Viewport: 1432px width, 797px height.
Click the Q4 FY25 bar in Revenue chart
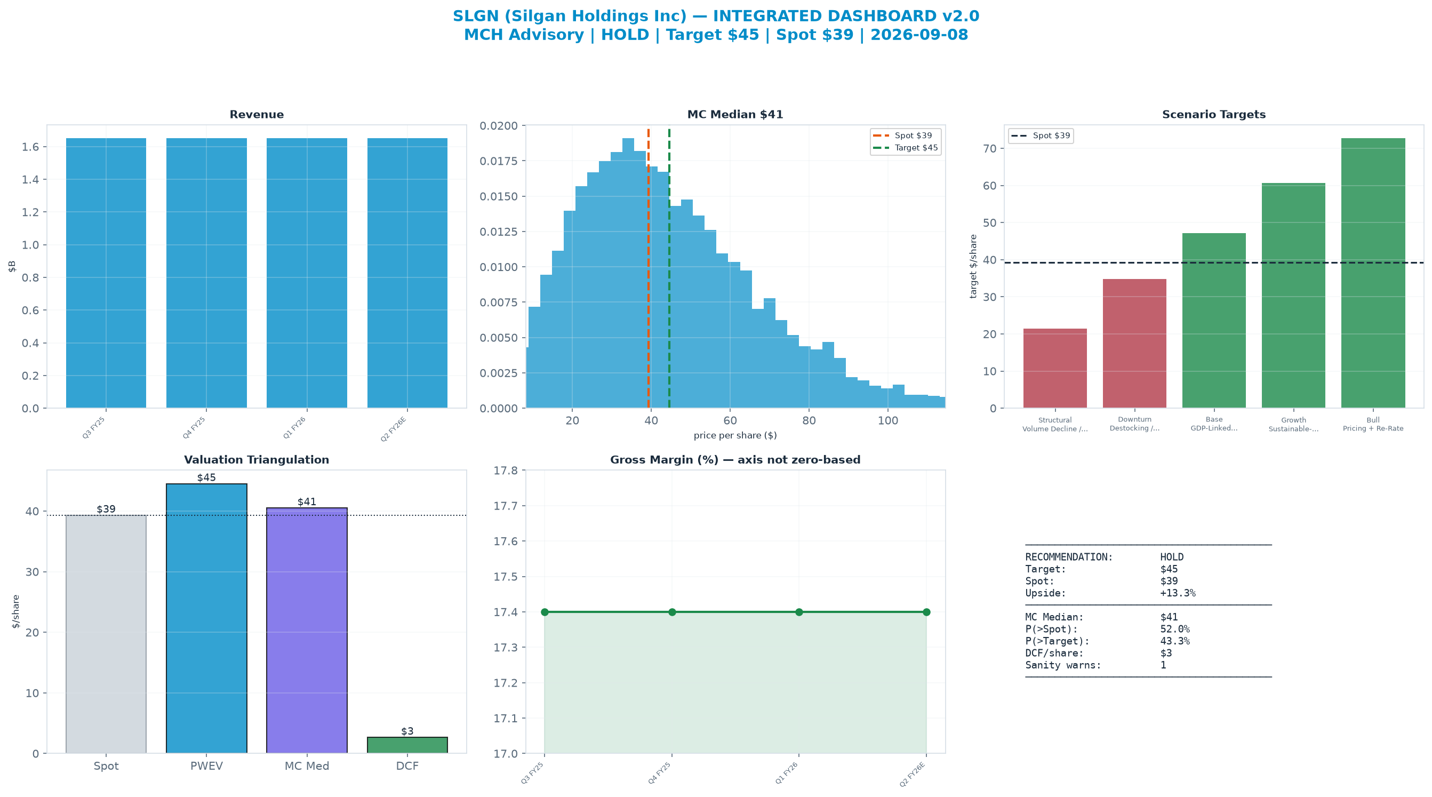pyautogui.click(x=206, y=273)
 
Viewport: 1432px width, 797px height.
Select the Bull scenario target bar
pyautogui.click(x=1373, y=273)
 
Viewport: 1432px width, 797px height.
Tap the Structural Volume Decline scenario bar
pyautogui.click(x=1055, y=368)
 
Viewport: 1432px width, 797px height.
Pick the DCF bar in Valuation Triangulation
pyautogui.click(x=407, y=745)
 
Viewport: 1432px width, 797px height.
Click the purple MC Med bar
pyautogui.click(x=307, y=631)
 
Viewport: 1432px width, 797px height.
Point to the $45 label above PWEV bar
pyautogui.click(x=206, y=477)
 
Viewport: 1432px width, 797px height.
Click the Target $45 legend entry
pyautogui.click(x=905, y=148)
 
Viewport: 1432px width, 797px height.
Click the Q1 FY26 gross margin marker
pyautogui.click(x=799, y=612)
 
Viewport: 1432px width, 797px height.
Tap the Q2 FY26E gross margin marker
pyautogui.click(x=926, y=612)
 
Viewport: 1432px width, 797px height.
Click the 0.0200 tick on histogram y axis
pyautogui.click(x=498, y=126)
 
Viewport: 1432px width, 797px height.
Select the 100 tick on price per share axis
pyautogui.click(x=888, y=420)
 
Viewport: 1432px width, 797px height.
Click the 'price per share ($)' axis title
pyautogui.click(x=735, y=435)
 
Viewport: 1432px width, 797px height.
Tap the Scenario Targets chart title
pyautogui.click(x=1214, y=115)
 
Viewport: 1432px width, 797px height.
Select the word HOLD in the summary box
pyautogui.click(x=1172, y=557)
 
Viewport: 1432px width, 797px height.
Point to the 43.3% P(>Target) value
pyautogui.click(x=1174, y=641)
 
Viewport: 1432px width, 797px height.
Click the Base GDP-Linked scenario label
pyautogui.click(x=1214, y=424)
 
